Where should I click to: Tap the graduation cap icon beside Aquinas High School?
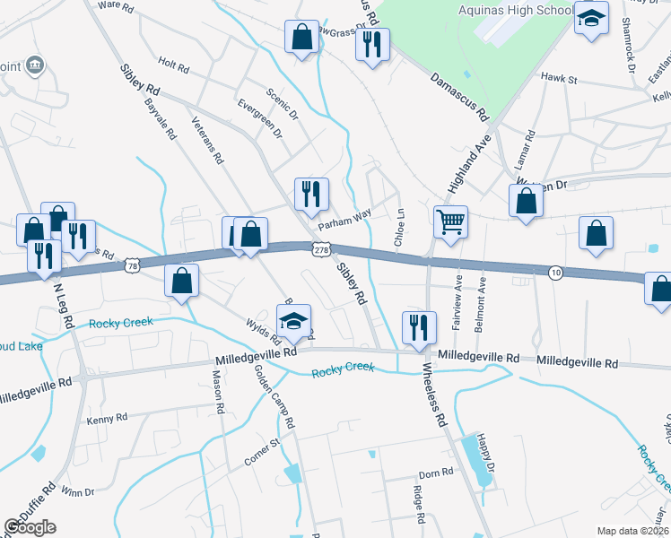click(591, 19)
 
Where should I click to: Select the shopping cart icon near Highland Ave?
click(449, 219)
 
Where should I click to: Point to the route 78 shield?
click(133, 266)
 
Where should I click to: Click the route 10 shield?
click(556, 273)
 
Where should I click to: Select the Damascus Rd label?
click(457, 97)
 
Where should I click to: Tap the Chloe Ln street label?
click(398, 230)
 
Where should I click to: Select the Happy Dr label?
click(485, 454)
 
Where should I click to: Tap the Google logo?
click(30, 527)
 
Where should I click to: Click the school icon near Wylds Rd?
click(293, 322)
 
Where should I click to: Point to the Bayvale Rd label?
click(161, 117)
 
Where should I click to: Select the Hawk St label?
click(559, 80)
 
